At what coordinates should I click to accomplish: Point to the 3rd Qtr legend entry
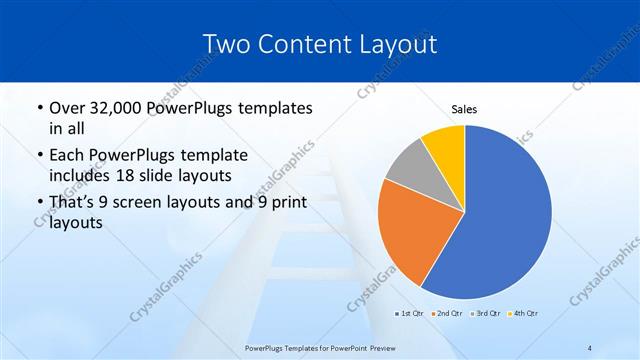[x=486, y=314]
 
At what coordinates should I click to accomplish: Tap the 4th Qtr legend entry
[x=523, y=314]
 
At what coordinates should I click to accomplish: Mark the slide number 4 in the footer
[x=590, y=347]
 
